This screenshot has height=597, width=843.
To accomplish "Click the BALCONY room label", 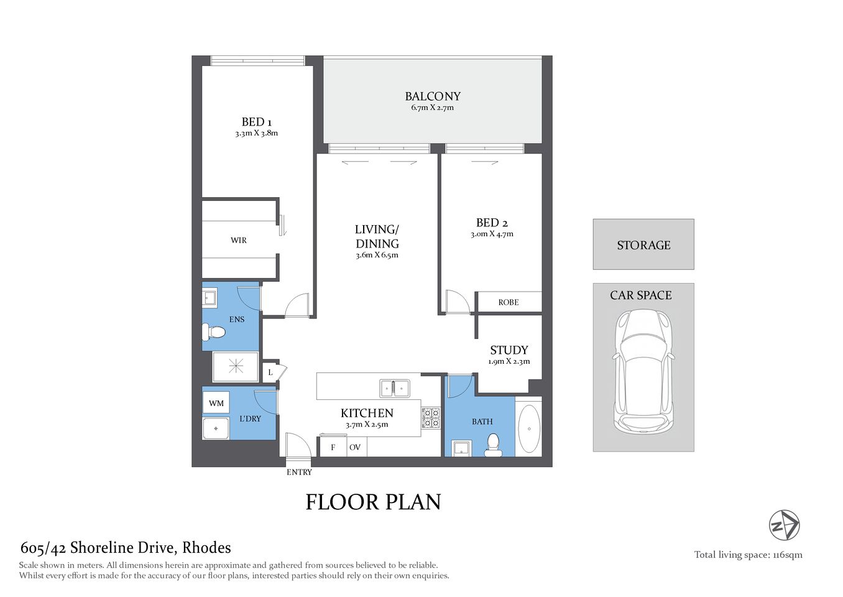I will click(x=433, y=96).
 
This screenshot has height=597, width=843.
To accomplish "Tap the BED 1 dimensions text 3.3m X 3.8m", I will click(x=256, y=133).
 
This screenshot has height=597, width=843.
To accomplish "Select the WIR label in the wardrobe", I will click(x=239, y=240).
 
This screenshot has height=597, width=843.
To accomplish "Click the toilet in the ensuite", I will click(x=213, y=332).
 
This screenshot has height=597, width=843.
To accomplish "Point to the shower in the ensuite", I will click(x=236, y=366).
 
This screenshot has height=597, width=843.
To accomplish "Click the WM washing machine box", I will click(x=216, y=403).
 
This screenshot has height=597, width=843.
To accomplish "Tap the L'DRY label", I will click(x=250, y=419).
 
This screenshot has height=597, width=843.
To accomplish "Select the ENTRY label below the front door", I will click(x=299, y=472).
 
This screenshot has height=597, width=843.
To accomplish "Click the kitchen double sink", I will click(x=395, y=388).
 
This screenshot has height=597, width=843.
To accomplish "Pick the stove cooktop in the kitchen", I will click(x=431, y=418).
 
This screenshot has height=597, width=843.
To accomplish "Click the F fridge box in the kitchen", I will click(x=333, y=447).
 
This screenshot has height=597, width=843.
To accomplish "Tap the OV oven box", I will click(x=355, y=447).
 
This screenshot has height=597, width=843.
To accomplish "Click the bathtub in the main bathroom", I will click(x=529, y=428).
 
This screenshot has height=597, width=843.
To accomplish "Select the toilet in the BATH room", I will click(x=493, y=445).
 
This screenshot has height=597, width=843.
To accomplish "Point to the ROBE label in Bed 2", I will click(x=508, y=302).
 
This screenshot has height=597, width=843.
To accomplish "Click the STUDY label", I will click(x=509, y=350).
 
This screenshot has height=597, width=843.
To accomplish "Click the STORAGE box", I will click(x=643, y=244).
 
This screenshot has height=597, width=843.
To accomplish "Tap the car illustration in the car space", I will click(x=643, y=371).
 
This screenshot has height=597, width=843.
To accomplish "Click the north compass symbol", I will click(x=784, y=525).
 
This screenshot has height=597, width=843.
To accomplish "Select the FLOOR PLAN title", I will click(x=373, y=502).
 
